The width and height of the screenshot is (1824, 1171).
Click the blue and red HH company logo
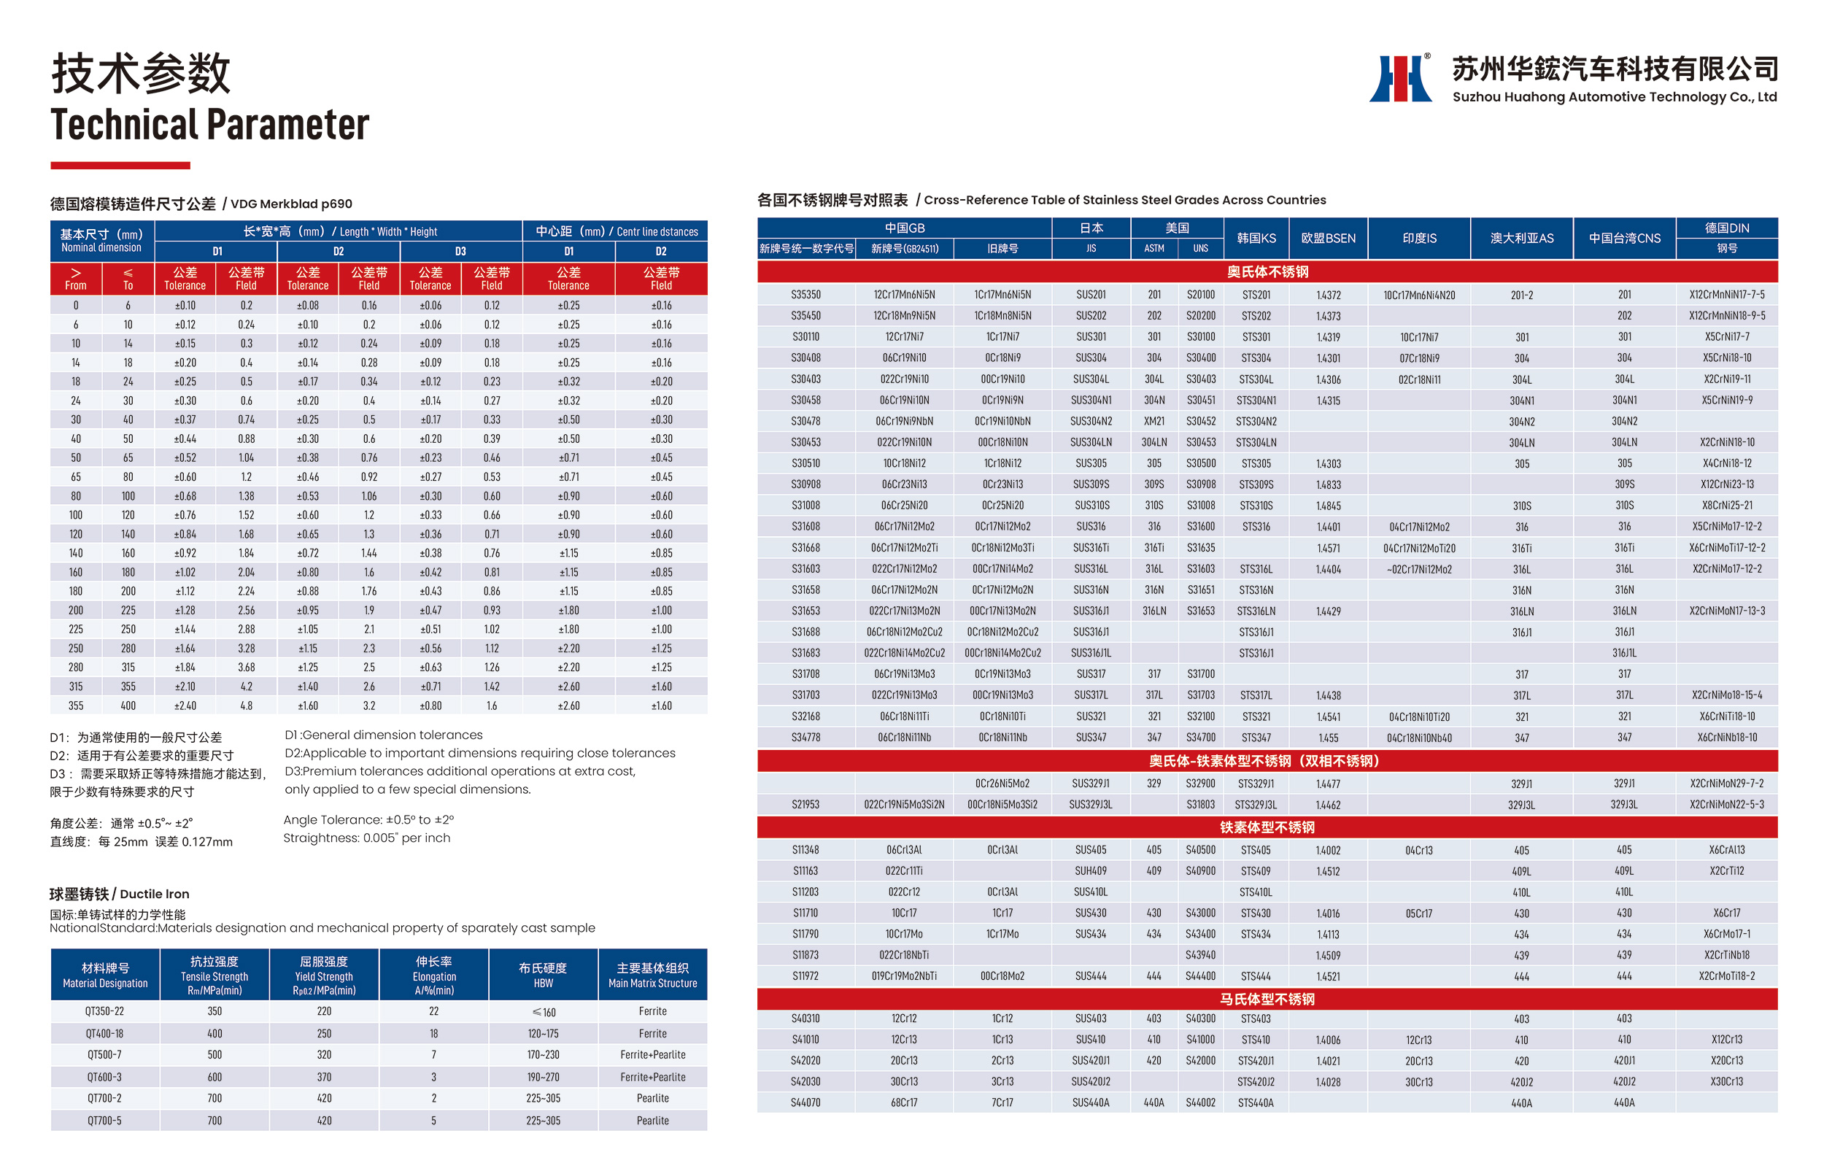coord(1400,78)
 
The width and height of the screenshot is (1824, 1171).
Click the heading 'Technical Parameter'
coord(210,125)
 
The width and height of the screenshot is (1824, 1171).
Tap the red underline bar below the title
coord(120,165)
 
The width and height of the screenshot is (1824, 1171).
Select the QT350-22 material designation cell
coord(105,1011)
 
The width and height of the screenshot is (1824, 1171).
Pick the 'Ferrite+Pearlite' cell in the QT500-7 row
coord(652,1055)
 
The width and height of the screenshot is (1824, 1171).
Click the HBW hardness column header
coord(543,974)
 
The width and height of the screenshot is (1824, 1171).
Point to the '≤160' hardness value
coord(543,1012)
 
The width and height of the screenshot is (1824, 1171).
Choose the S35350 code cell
coord(805,294)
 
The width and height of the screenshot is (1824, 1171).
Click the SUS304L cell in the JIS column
coord(1090,379)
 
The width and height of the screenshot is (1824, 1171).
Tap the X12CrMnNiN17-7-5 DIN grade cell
coord(1727,294)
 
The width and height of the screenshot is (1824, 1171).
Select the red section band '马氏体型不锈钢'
coord(1267,998)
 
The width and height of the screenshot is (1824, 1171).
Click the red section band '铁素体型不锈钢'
coord(1267,827)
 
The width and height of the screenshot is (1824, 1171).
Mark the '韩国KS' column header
coord(1256,238)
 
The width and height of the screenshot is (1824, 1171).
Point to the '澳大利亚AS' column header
coord(1521,238)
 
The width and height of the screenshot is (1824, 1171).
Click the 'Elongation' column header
coord(434,975)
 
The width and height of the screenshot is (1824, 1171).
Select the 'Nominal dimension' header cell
coord(101,240)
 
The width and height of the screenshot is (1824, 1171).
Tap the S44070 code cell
coord(805,1102)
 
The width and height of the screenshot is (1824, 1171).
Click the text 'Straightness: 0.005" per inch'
coord(366,838)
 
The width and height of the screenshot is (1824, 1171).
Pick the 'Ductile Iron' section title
coord(120,894)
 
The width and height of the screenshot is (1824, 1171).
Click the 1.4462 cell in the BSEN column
coord(1328,805)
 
